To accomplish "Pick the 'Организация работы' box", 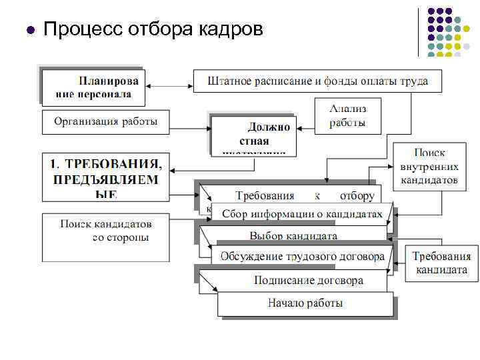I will coord(105,121).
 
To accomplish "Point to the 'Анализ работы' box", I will coord(347,116).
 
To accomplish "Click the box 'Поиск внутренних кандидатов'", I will coord(429,167).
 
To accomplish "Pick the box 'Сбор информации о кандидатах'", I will coord(302,214).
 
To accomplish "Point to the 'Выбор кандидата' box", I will coord(293,236).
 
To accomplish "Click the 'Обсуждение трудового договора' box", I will coord(302,256).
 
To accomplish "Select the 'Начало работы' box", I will coord(305,303).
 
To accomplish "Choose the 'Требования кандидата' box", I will coord(441,263).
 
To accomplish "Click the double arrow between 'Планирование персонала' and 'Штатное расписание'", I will coord(170,85).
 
